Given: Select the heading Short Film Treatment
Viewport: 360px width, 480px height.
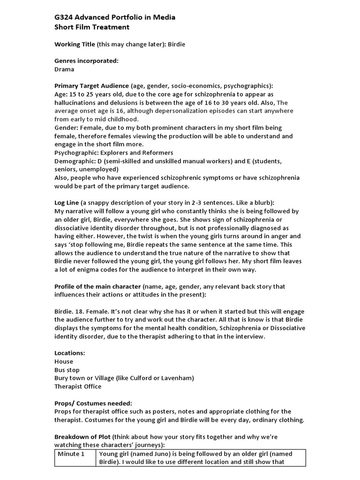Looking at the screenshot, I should point(92,27).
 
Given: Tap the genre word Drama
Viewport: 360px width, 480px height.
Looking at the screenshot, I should point(64,69).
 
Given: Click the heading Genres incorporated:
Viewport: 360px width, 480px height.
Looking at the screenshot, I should point(86,61).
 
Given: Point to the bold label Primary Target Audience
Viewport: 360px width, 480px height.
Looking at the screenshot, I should point(91,86).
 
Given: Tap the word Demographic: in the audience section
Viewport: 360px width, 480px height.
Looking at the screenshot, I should point(77,161).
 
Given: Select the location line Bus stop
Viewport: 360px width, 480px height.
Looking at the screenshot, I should point(67,370).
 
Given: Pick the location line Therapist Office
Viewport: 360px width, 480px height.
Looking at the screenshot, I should point(78,387).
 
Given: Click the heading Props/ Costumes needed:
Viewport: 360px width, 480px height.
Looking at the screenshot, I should point(93,403).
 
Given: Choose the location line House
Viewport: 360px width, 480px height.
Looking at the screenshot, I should point(64,361).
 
